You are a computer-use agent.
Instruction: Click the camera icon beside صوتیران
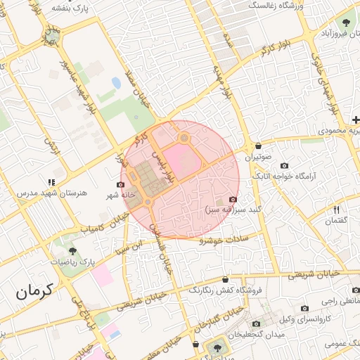pyautogui.click(x=251, y=147)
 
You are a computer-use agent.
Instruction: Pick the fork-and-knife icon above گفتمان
pyautogui.click(x=337, y=210)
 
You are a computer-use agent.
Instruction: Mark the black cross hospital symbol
pyautogui.click(x=356, y=120)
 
